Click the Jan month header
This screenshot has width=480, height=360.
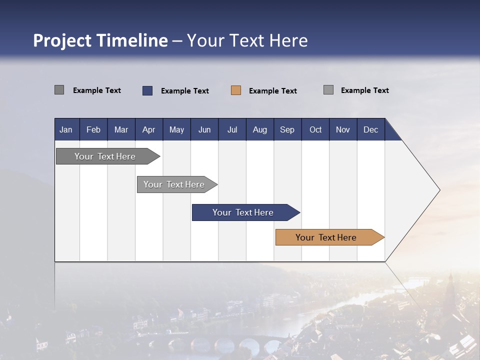pyautogui.click(x=66, y=129)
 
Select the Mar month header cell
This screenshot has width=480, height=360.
pyautogui.click(x=121, y=129)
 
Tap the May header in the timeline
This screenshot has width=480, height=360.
pyautogui.click(x=176, y=129)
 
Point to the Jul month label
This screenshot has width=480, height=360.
pyautogui.click(x=232, y=129)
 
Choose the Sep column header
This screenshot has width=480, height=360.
pyautogui.click(x=287, y=129)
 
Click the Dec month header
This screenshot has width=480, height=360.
pyautogui.click(x=370, y=129)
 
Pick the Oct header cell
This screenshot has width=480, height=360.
pyautogui.click(x=315, y=129)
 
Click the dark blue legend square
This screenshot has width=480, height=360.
pyautogui.click(x=147, y=90)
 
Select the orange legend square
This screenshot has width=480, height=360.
pyautogui.click(x=236, y=90)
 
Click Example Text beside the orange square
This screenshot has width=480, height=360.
pyautogui.click(x=272, y=91)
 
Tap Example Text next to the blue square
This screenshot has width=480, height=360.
pyautogui.click(x=184, y=91)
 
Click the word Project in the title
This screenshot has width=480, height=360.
pyautogui.click(x=62, y=40)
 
